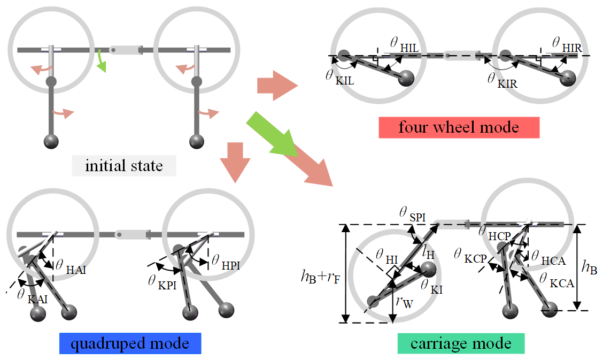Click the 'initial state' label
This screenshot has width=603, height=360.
pos(124,165)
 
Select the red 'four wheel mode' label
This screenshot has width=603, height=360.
pos(459,127)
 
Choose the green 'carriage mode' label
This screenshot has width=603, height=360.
pos(461,342)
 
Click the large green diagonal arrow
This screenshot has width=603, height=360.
pos(272,135)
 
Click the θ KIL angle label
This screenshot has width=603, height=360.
pos(340,76)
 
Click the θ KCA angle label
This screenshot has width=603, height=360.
pos(555,280)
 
